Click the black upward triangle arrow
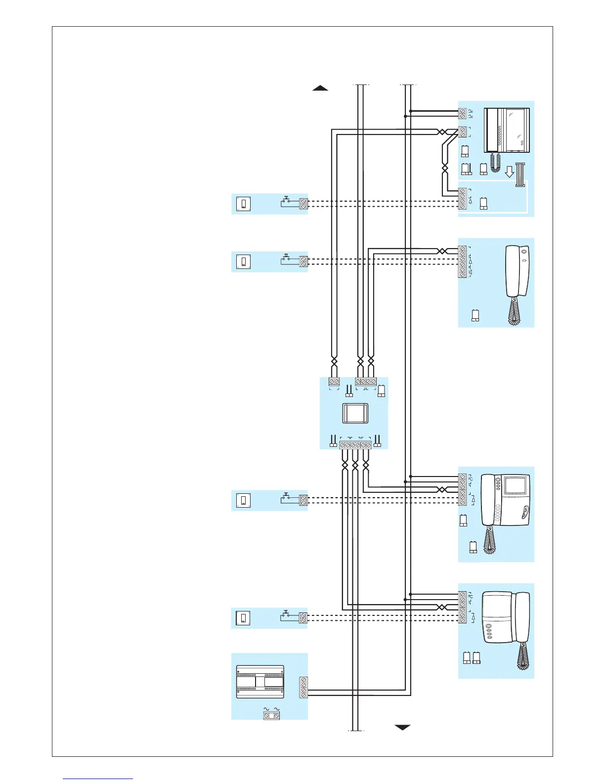[320, 88]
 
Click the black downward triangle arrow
[402, 727]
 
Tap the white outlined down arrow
[509, 172]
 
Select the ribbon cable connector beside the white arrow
[519, 174]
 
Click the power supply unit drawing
[260, 682]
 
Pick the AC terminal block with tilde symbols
[271, 714]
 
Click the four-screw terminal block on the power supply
[303, 688]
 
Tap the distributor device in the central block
[355, 413]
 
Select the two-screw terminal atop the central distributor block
[334, 382]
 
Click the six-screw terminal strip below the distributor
[355, 445]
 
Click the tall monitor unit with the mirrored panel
[507, 130]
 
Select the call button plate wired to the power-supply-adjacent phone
[243, 618]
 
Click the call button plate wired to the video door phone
[244, 500]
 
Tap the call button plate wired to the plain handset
[244, 261]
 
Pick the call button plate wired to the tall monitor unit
[244, 204]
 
